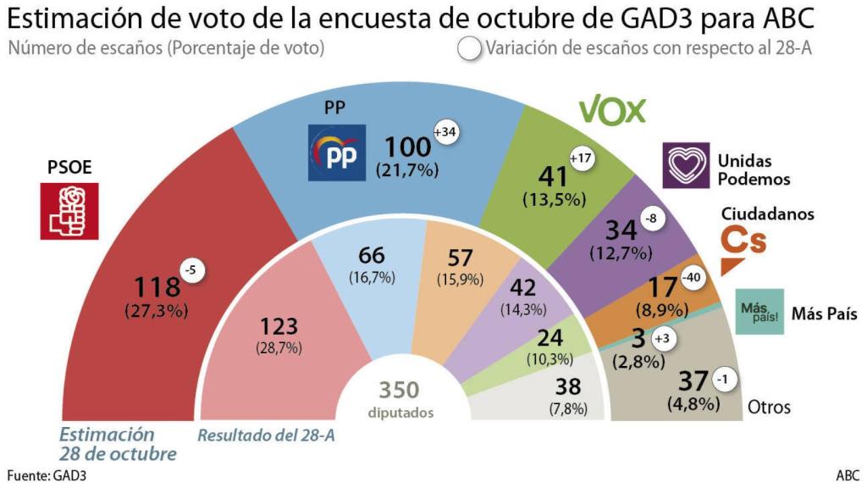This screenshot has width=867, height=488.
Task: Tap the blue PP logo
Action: pos(337,152)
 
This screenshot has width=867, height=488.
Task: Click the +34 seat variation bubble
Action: pos(445,133)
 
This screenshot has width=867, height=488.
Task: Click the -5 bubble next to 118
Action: pos(192,270)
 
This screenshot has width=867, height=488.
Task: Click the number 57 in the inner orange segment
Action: pos(461,258)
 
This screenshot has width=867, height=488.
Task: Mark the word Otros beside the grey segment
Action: pos(769,408)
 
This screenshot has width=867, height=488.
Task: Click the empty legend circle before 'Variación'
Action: pos(468,49)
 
